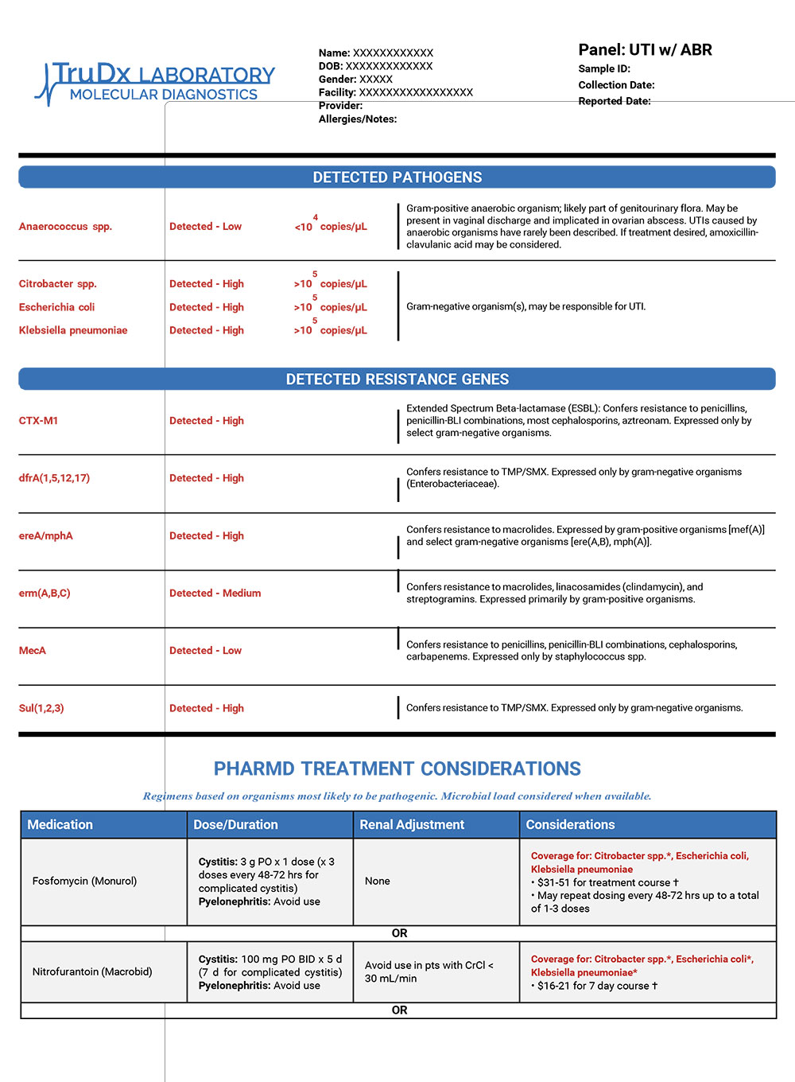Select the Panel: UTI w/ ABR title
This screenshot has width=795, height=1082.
click(645, 50)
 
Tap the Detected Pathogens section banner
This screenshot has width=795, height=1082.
click(397, 177)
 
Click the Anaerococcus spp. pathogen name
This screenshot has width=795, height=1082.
click(65, 227)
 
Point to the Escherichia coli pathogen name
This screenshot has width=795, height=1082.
click(56, 307)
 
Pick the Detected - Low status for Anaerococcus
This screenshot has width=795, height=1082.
click(205, 227)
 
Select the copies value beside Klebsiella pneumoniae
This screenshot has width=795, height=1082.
click(331, 329)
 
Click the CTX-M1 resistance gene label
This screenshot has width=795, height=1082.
click(38, 421)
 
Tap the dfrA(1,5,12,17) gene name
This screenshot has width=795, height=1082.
click(54, 478)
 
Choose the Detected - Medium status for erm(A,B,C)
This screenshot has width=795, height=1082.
click(215, 594)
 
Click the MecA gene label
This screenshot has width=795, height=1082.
click(33, 651)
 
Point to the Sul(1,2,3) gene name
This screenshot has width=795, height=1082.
click(41, 708)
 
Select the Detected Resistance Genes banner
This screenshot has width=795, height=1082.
click(397, 379)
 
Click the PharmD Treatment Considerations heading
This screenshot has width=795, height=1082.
click(397, 769)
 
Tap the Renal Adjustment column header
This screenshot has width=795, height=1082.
click(412, 825)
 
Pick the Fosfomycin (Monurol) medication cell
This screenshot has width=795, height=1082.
click(84, 882)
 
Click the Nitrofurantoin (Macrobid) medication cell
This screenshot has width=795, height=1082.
click(92, 972)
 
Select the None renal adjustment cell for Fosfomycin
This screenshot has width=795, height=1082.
click(378, 882)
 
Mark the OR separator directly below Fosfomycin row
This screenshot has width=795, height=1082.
click(399, 933)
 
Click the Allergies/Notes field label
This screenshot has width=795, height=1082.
click(358, 119)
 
